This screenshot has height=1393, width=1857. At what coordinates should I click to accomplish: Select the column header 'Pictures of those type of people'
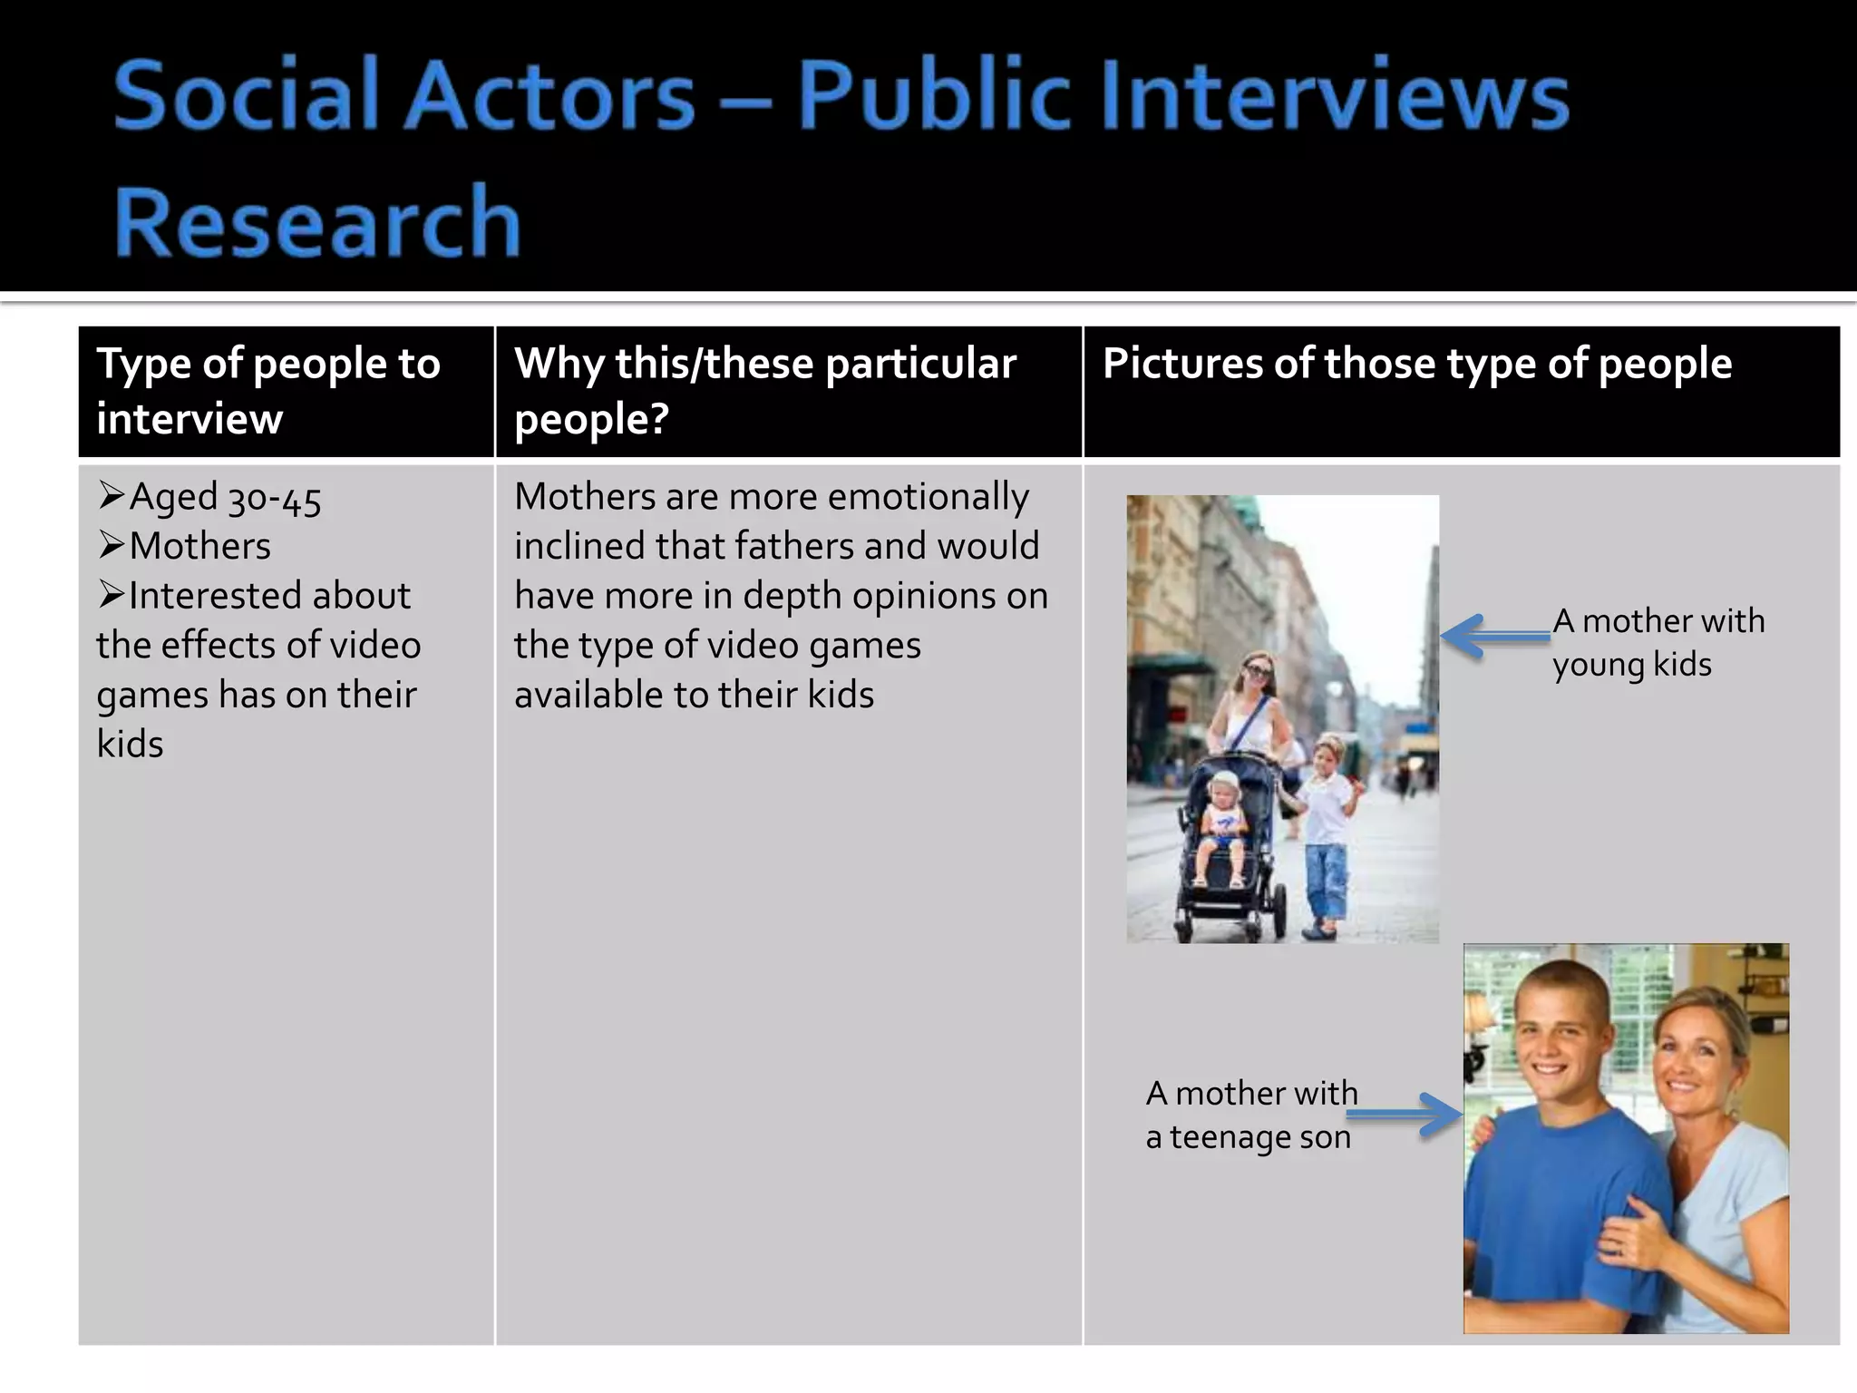[x=1416, y=364]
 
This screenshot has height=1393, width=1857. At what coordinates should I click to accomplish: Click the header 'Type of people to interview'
[x=268, y=391]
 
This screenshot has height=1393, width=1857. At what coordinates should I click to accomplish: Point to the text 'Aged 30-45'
[x=225, y=498]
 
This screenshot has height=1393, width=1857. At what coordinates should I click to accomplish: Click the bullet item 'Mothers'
[x=199, y=547]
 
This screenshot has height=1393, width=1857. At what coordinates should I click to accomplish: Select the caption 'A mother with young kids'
[x=1658, y=642]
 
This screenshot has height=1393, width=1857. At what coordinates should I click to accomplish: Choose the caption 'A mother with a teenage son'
[x=1251, y=1115]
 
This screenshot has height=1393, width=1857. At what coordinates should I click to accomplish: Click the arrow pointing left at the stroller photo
[x=1494, y=636]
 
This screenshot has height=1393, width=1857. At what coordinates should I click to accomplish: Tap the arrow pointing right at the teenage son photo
[x=1405, y=1115]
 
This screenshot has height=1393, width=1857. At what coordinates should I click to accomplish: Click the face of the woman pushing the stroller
[x=1256, y=677]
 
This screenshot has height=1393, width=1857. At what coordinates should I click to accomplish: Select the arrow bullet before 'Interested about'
[x=111, y=595]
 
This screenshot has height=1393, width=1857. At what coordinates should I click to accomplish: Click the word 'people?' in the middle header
[x=591, y=419]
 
